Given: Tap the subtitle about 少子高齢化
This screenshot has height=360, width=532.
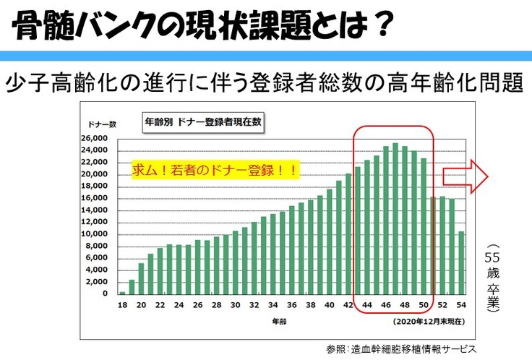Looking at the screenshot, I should [264, 82].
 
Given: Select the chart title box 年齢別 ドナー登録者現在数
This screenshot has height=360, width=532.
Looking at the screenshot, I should [202, 122].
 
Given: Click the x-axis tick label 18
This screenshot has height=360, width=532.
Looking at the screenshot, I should [122, 304].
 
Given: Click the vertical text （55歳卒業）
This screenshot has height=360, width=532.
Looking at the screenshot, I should [493, 283].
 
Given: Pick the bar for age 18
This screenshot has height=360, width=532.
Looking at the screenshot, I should [122, 292].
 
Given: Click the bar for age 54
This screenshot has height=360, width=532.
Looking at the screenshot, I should [461, 262].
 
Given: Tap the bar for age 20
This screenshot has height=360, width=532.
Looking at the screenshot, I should [141, 278].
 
